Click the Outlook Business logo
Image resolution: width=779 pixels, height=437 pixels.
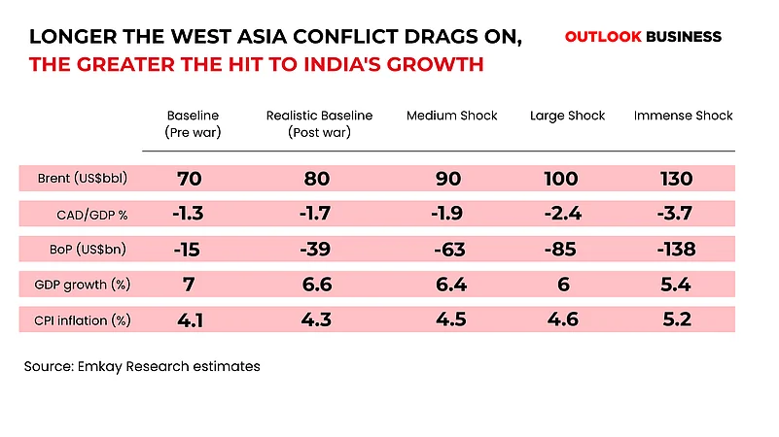[643, 37]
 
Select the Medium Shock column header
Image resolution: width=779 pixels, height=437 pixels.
[451, 116]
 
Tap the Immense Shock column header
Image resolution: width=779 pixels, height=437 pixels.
[683, 116]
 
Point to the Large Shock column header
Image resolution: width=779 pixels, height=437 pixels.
[567, 116]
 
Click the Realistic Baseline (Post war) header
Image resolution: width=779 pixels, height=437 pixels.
[319, 123]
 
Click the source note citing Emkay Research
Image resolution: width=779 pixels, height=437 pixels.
[143, 367]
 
